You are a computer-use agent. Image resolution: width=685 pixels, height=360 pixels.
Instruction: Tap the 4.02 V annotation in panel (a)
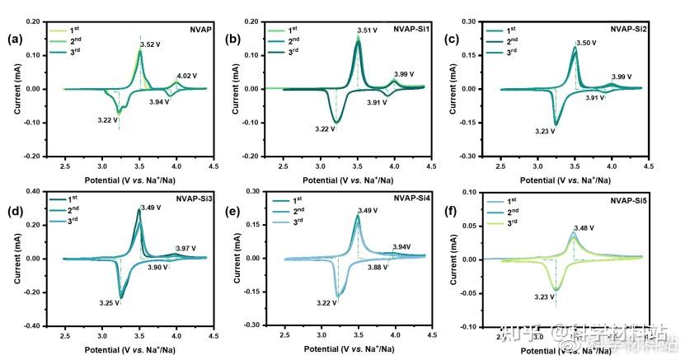coord(189,75)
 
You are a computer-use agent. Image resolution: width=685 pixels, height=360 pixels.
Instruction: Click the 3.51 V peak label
coord(368,30)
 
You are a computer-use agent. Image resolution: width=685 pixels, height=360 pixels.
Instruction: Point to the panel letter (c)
coord(448,39)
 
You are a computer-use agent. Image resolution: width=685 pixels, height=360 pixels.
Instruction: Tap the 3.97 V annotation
coord(186,247)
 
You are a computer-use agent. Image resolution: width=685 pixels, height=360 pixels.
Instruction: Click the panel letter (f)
coord(448,211)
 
